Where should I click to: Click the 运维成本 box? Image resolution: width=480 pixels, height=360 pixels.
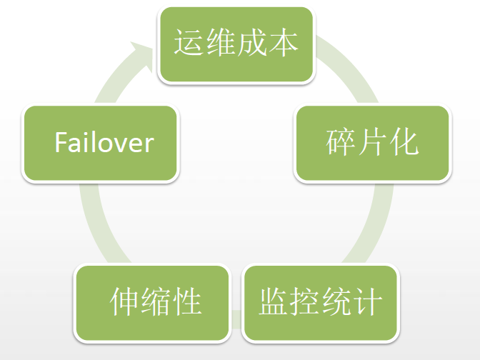coord(236,44)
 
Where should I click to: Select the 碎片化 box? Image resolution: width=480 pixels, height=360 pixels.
coord(372,143)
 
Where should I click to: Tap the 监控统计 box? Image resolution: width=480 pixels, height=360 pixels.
coord(319,302)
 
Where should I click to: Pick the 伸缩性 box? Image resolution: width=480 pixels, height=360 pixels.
coord(154,302)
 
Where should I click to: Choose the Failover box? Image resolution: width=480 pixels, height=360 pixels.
coord(100,143)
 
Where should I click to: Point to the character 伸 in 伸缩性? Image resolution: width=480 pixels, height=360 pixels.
coord(124,302)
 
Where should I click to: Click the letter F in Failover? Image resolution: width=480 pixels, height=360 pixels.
coord(61,143)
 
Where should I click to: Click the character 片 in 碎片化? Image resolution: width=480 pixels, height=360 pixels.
coord(372,142)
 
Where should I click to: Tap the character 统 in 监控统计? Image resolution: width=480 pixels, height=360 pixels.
coord(336,302)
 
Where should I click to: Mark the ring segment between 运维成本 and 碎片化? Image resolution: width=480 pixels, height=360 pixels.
coord(350,71)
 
